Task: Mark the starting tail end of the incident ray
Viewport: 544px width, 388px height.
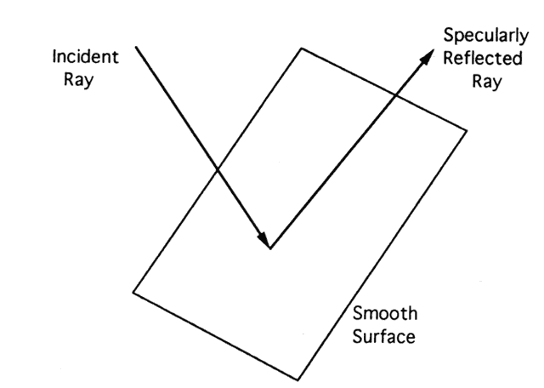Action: (x=136, y=48)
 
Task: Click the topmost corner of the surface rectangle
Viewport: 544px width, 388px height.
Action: (x=300, y=48)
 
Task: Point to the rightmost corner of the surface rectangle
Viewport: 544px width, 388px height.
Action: (x=467, y=130)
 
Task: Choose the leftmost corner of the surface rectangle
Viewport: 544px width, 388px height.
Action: (x=133, y=291)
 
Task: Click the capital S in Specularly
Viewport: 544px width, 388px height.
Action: (x=448, y=37)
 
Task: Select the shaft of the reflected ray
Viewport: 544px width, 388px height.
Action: (x=340, y=163)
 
